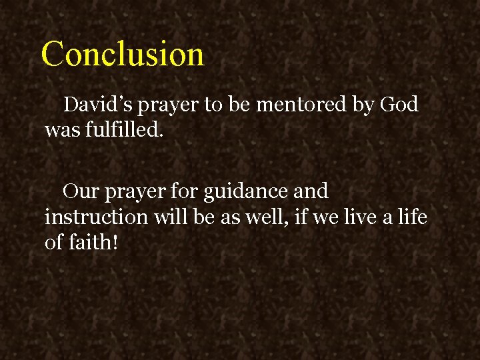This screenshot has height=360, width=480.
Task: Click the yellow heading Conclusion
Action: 123,54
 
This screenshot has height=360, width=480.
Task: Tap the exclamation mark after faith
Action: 116,241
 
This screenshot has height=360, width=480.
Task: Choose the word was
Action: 62,129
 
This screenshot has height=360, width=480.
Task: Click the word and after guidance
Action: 311,191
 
